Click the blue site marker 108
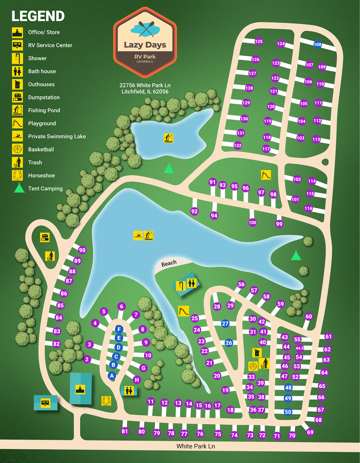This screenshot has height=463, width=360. pos(317,44)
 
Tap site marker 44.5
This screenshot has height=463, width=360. pos(299,348)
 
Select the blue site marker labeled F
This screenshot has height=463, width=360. pos(119,329)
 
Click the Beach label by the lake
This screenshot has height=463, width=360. pos(169,263)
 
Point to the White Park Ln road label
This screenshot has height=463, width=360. pos(195,446)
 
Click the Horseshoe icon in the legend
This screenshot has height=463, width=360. pos(17,175)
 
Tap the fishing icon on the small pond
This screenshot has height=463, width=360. pos(168,138)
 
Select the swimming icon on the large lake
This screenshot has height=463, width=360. pos(138,236)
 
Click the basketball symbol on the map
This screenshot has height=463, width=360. pos(253,366)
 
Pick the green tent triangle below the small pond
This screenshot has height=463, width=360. pos(169,169)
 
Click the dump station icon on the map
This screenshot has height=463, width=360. pos(45,237)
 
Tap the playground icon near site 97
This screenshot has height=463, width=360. pos(266,175)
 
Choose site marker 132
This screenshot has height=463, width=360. pos(237,145)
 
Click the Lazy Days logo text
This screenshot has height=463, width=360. pos(145,45)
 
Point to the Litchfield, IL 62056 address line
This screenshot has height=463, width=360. pos(145,92)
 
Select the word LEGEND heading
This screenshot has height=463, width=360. pos(38,16)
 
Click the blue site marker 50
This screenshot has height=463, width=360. pos(288,412)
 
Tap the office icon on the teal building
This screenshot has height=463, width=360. pos(80,389)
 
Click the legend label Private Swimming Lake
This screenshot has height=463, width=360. pos(57,137)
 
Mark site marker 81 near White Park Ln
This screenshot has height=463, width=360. pos(125,431)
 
